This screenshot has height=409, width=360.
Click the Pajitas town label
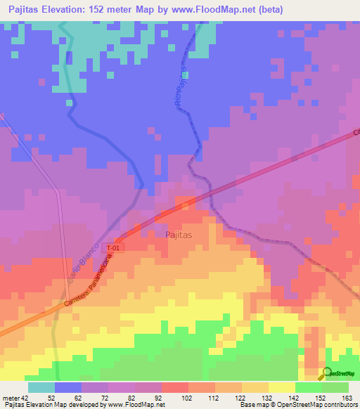[180, 235]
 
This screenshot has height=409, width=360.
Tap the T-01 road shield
[113, 248]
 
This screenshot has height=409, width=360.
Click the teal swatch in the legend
[41, 387]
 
